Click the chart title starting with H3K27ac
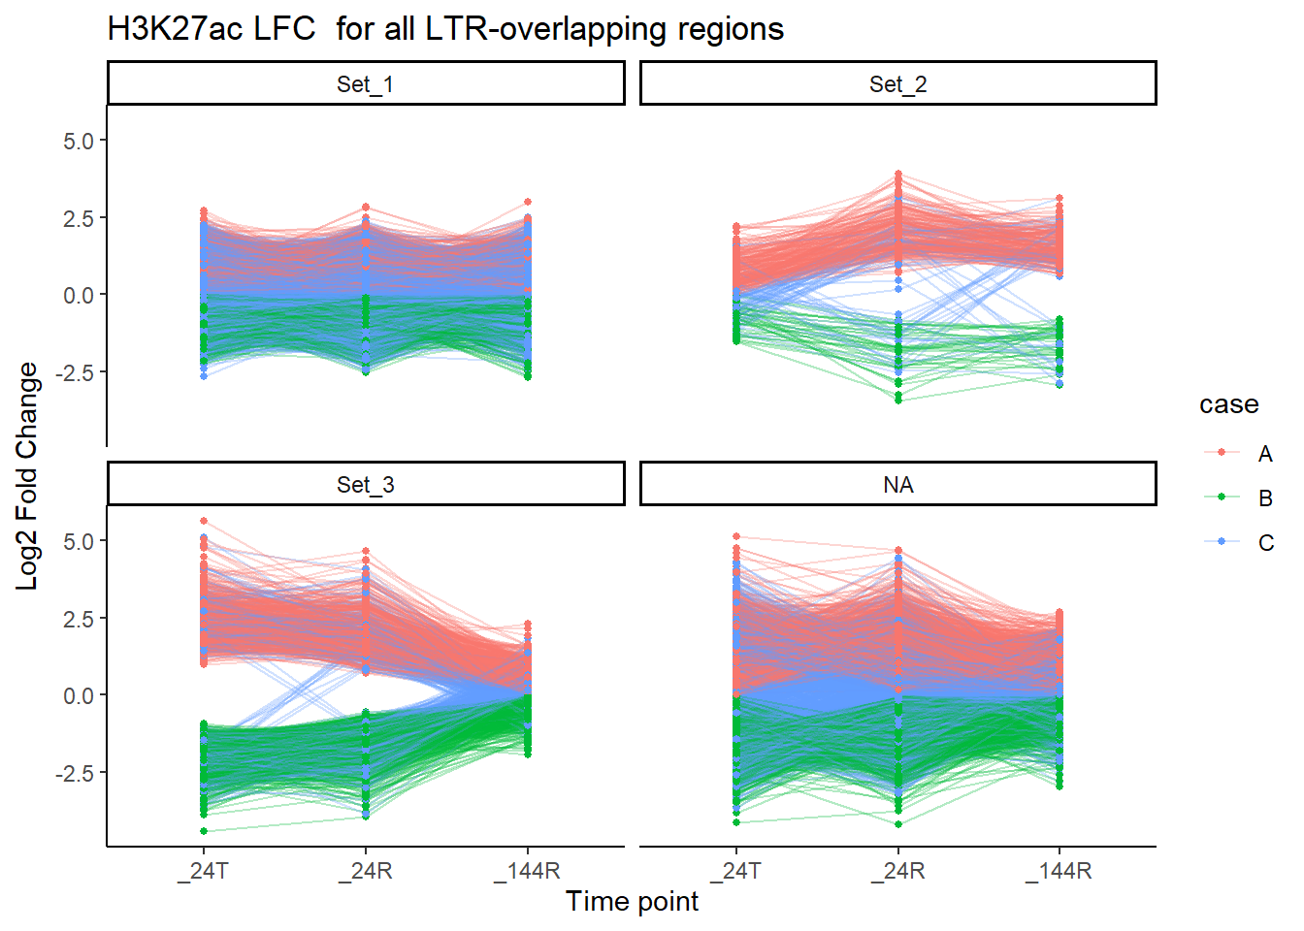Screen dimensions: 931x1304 click(x=445, y=29)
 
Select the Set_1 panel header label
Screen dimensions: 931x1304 click(x=365, y=84)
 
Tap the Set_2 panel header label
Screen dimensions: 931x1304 click(x=897, y=84)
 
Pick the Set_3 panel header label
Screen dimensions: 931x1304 click(x=365, y=485)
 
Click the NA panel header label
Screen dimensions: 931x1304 click(x=897, y=485)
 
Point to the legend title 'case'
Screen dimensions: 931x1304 click(x=1228, y=404)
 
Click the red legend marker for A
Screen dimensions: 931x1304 click(x=1222, y=453)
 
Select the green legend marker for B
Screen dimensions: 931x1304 click(x=1222, y=498)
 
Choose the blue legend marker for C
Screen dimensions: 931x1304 click(x=1222, y=542)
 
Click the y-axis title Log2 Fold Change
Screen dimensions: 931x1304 click(x=27, y=475)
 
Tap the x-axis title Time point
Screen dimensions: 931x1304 click(x=632, y=902)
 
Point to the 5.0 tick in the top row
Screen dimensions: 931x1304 click(x=79, y=142)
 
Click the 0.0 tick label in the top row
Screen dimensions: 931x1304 click(x=79, y=296)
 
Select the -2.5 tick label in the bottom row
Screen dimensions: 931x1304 click(x=74, y=774)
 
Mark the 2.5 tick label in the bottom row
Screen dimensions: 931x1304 click(x=79, y=620)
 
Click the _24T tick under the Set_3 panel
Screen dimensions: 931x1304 click(x=204, y=871)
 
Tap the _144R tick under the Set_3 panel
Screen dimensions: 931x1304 click(x=527, y=871)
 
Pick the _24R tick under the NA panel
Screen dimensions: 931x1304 click(x=897, y=871)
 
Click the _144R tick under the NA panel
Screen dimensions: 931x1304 click(x=1059, y=871)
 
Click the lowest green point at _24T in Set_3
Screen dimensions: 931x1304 click(x=204, y=831)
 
